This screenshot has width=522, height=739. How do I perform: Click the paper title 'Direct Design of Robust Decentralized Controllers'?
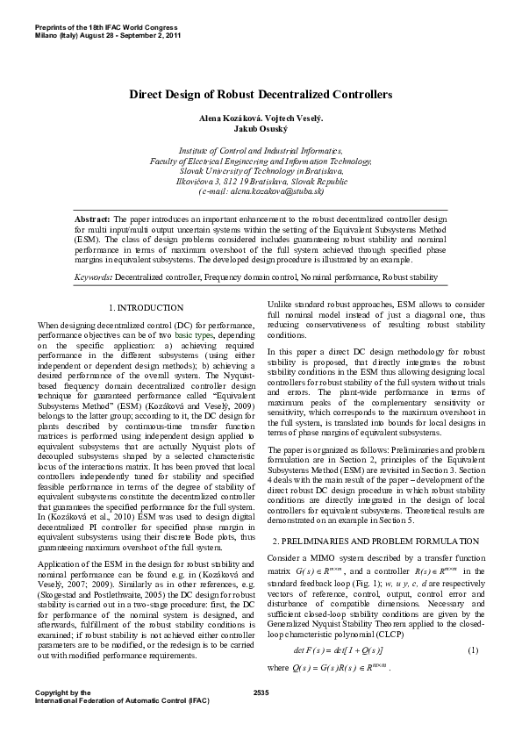(261, 94)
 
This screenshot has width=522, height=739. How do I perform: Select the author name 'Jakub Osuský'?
(261, 127)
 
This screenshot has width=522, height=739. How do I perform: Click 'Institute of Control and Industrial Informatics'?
(261, 152)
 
